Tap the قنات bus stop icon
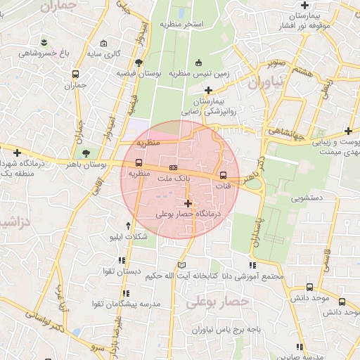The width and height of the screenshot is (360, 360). tap(224, 175)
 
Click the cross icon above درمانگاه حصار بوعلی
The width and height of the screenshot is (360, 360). tap(188, 203)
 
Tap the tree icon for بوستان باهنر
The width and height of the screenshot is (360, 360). tap(85, 153)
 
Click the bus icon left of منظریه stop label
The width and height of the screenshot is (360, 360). tap(138, 164)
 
